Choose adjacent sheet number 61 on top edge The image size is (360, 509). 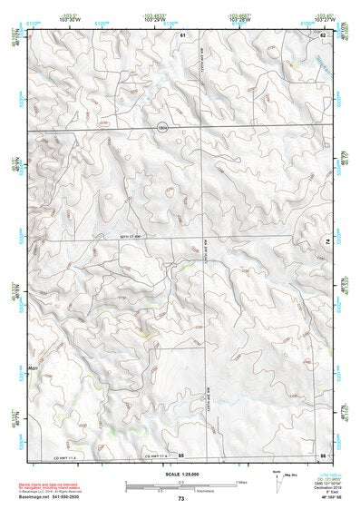tap(182, 34)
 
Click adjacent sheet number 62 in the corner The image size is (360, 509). tap(322, 34)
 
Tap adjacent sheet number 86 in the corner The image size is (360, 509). tap(322, 454)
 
